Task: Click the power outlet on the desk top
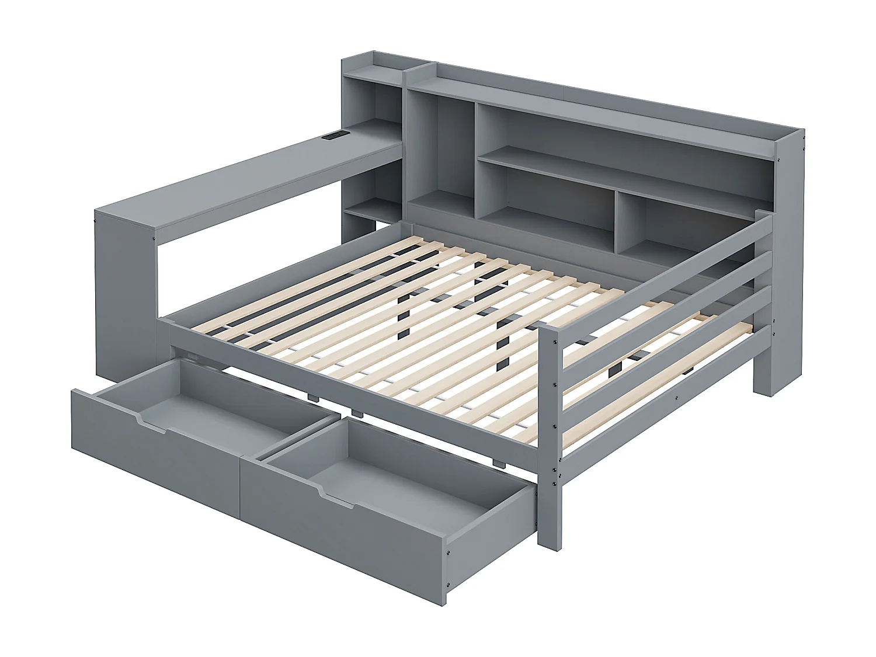pos(336,136)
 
